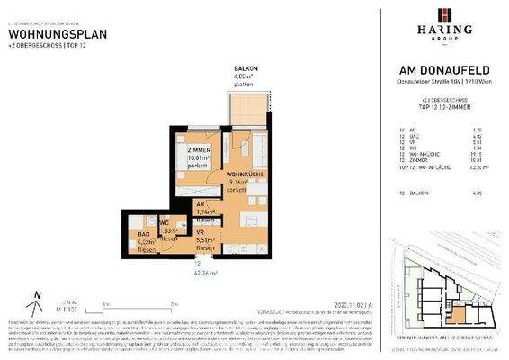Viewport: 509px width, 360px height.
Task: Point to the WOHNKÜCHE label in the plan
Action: [x=244, y=173]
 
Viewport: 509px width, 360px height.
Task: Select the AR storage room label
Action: [x=201, y=204]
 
